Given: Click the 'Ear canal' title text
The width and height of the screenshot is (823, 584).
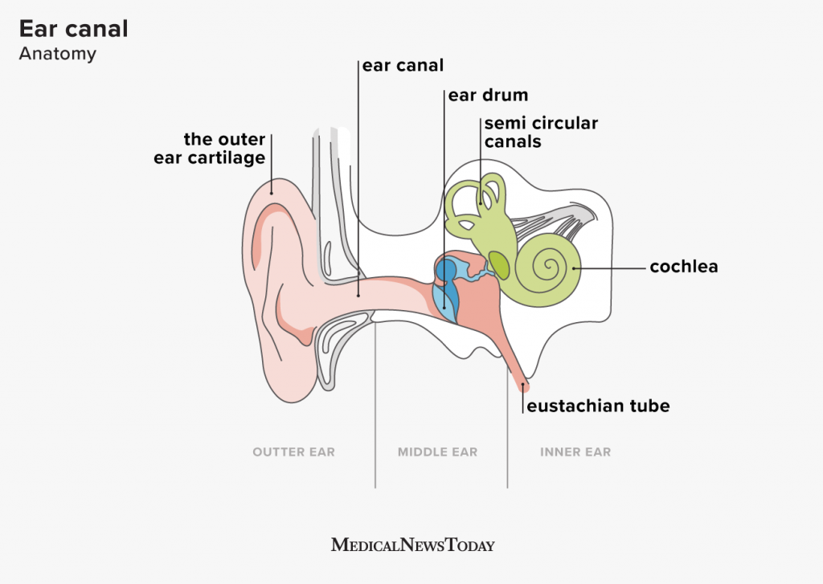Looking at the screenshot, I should tap(73, 29).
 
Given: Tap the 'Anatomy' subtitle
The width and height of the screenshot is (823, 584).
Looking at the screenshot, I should tap(57, 55).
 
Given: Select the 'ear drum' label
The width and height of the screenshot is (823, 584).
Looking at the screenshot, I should tap(488, 95).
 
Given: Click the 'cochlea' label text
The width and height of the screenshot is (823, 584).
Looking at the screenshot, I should tap(684, 267).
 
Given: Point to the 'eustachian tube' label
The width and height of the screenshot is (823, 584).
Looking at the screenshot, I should tap(598, 406).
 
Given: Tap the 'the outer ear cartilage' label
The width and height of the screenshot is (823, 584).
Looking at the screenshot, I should tap(211, 149).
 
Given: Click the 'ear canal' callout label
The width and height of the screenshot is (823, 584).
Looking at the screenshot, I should tap(403, 65).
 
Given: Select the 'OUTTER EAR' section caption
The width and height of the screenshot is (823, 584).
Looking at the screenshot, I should tap(293, 452).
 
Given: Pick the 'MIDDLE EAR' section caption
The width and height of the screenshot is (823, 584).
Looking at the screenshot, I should tap(437, 452).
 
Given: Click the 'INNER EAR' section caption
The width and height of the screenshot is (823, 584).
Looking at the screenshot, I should tap(575, 452).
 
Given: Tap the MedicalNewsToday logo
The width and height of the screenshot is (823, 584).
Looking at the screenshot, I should tap(412, 545).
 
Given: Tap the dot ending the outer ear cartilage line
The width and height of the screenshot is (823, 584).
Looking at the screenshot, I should tap(272, 192).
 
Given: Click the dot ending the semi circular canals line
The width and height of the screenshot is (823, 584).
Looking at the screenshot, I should tap(481, 203).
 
